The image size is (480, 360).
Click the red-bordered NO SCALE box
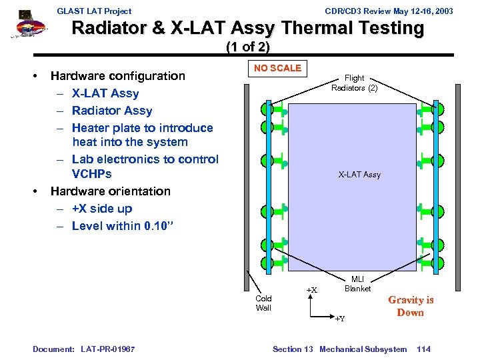277,68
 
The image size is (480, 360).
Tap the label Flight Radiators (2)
354,83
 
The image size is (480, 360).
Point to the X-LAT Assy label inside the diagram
359,175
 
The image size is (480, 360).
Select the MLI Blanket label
357,284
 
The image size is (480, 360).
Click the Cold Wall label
263,303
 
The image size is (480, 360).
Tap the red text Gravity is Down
411,306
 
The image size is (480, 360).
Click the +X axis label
311,290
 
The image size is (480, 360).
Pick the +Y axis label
339,319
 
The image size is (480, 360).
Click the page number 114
424,349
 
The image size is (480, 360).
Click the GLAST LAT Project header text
94,11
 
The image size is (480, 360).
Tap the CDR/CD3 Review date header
389,11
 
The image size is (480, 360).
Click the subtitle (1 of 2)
248,47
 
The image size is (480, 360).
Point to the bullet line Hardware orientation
111,191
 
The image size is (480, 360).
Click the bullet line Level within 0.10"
123,226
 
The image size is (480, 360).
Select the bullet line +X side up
102,209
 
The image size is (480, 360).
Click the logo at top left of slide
27,25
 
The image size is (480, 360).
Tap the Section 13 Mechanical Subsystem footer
339,349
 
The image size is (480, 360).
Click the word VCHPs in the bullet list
92,174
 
